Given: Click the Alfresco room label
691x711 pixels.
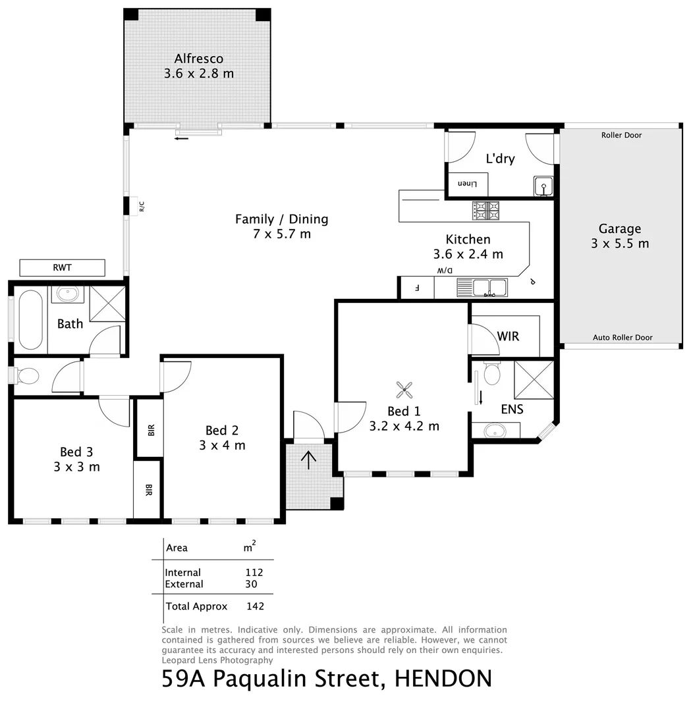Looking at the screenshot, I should click(x=198, y=59).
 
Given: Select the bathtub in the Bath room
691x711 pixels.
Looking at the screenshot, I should click(x=30, y=321).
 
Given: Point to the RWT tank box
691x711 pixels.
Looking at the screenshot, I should click(x=63, y=268).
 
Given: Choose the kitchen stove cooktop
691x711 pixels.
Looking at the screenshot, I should click(x=485, y=210).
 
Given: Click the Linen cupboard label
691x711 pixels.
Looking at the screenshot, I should click(x=466, y=184).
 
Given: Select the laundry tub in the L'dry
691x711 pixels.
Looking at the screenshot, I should click(x=543, y=187).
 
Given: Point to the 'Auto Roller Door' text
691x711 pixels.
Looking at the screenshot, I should click(x=622, y=338).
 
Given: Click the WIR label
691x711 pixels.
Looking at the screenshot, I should click(x=508, y=336).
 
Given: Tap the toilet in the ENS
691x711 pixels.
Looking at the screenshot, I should click(x=491, y=375).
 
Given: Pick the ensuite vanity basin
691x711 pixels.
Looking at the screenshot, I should click(x=494, y=431).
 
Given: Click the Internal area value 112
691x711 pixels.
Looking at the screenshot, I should click(x=254, y=573).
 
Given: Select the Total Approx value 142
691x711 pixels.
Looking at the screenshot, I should click(x=255, y=606).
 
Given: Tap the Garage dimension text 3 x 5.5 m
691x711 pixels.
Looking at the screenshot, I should click(x=620, y=244).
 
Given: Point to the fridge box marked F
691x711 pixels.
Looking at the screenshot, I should click(x=416, y=288).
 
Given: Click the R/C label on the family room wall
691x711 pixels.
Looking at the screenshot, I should click(x=142, y=207).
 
